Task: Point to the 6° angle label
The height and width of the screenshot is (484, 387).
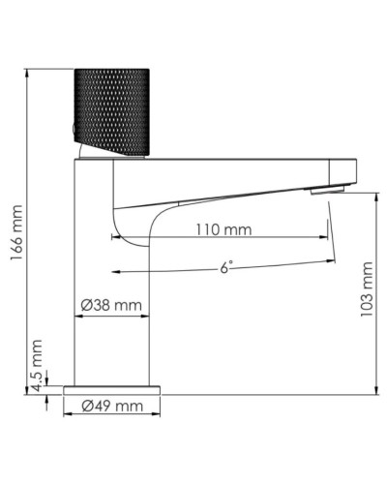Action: click(224, 268)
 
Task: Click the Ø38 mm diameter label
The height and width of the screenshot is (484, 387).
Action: click(111, 305)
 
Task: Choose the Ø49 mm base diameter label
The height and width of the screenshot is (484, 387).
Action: click(111, 406)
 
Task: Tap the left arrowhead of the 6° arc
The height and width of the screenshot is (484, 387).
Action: click(116, 272)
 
